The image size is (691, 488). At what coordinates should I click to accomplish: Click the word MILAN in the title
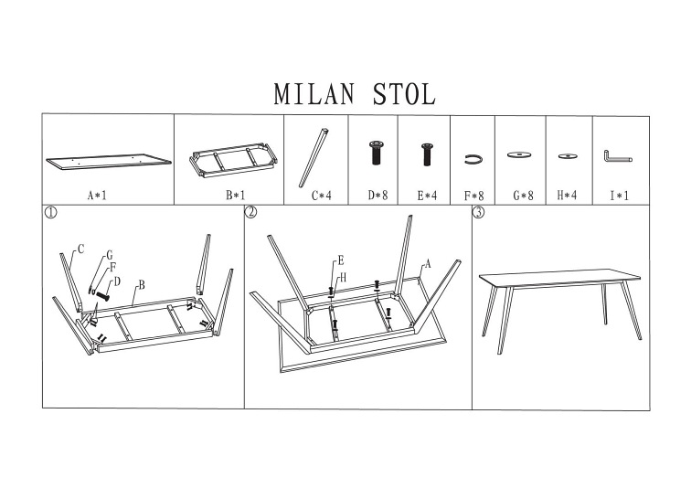click(x=310, y=95)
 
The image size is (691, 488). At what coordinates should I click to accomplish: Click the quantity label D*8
click(x=377, y=195)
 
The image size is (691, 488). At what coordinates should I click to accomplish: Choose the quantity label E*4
click(x=426, y=195)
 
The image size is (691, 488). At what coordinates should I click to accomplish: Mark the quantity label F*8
click(x=473, y=195)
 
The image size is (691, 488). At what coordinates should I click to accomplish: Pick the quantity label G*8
click(x=522, y=195)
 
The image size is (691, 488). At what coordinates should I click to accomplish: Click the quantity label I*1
click(x=620, y=195)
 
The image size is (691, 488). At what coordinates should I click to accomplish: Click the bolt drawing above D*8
click(x=376, y=154)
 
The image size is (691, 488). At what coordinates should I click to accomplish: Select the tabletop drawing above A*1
click(x=109, y=161)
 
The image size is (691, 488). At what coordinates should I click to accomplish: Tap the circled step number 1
click(x=51, y=214)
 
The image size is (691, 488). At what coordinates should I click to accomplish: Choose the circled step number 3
click(x=478, y=214)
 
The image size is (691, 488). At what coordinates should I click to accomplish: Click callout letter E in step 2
click(x=340, y=260)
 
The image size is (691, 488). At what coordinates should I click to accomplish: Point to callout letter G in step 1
click(x=109, y=254)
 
